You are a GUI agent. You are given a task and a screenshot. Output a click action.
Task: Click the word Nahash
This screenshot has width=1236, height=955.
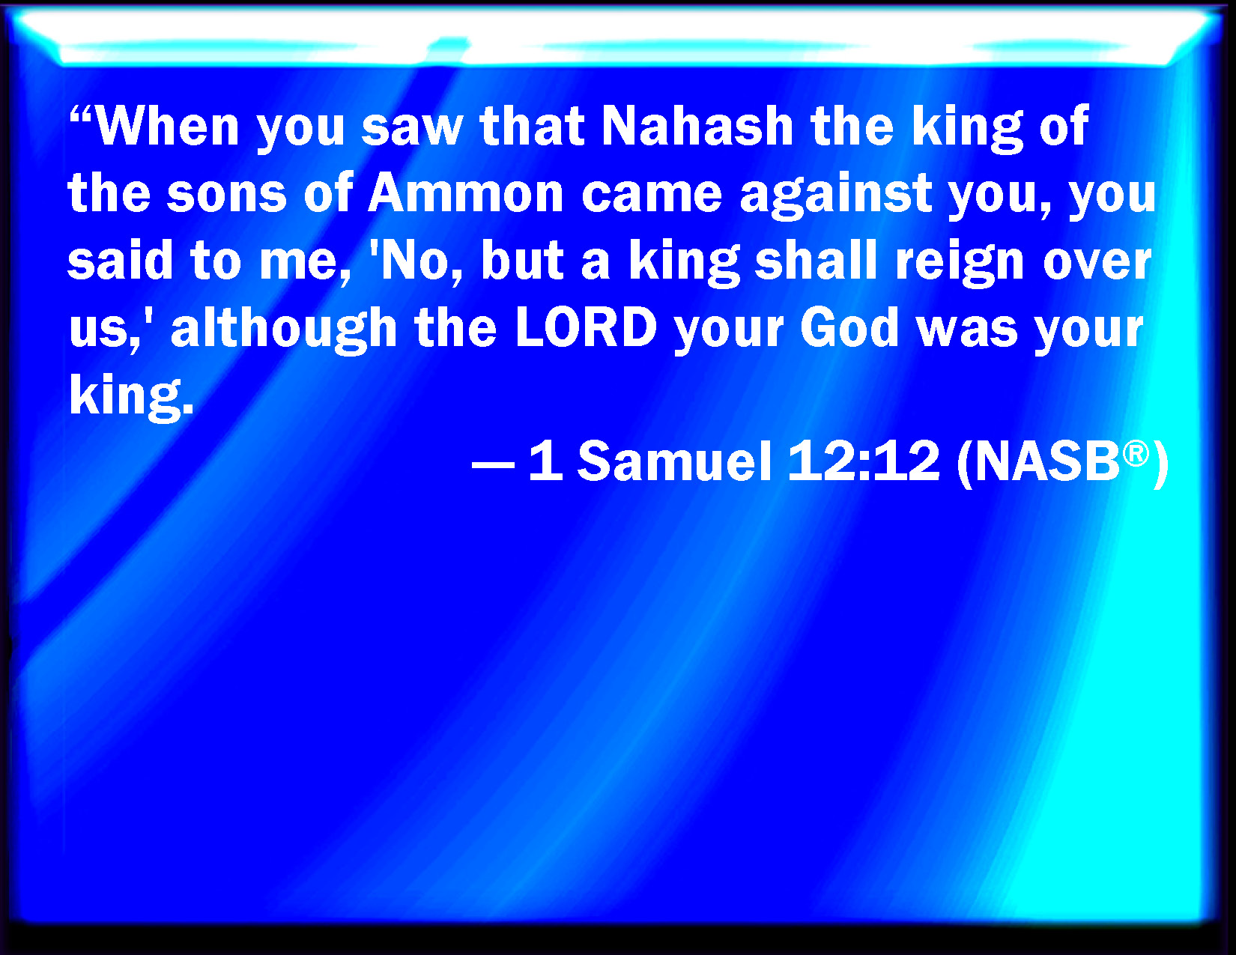click(698, 126)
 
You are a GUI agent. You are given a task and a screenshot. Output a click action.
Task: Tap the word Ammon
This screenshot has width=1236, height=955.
click(466, 192)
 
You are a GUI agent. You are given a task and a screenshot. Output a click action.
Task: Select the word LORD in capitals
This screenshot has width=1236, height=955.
click(587, 327)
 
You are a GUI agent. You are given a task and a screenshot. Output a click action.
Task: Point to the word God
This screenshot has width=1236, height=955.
click(849, 327)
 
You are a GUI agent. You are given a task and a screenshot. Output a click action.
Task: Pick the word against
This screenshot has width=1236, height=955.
click(836, 196)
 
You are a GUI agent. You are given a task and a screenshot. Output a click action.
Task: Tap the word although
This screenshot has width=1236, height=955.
click(284, 330)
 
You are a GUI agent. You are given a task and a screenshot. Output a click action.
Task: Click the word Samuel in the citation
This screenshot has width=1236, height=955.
click(675, 461)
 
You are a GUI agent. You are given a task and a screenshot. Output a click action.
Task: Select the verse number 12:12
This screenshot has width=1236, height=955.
click(864, 461)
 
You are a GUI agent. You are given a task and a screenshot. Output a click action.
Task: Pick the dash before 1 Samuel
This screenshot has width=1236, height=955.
click(493, 464)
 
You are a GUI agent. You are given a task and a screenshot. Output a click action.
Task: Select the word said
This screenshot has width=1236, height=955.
click(120, 260)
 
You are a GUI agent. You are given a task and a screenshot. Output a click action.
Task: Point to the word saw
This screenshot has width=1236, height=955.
click(413, 129)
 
